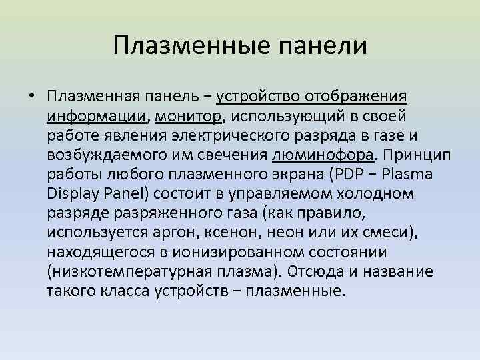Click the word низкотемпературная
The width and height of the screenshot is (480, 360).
point(135,273)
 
